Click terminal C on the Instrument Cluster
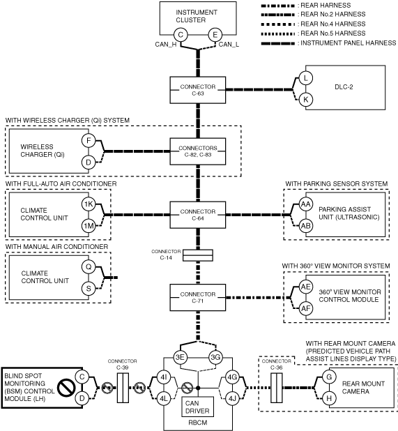coord(181,35)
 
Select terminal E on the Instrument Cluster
coord(215,35)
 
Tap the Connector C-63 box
coord(198,90)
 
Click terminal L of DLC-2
coord(306,78)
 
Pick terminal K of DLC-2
coord(306,100)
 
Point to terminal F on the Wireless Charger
coord(89,141)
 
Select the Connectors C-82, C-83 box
coord(198,151)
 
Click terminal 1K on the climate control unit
coord(89,204)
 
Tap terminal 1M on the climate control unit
coord(89,226)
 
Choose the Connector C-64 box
coord(198,215)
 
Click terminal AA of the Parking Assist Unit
coord(306,204)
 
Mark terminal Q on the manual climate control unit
coord(89,267)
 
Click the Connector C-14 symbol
coord(198,255)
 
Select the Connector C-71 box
coord(198,298)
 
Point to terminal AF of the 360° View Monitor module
coord(306,308)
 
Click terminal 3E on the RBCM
coord(181,357)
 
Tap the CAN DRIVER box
coord(197,407)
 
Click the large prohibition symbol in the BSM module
coord(66,388)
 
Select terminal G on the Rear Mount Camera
coord(329,377)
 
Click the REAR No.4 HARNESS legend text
coord(333,24)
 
